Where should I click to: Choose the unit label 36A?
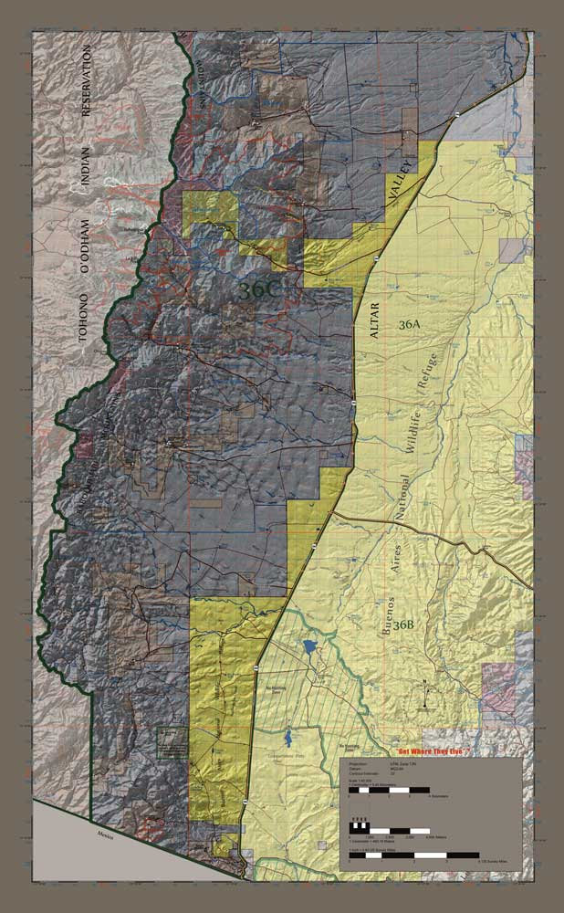pyautogui.click(x=409, y=324)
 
